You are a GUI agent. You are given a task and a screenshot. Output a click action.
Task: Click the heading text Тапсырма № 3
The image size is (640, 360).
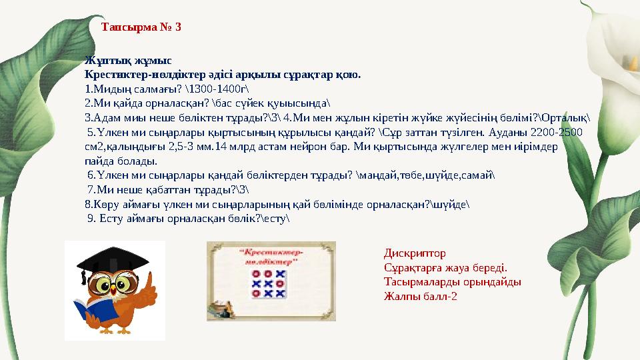[x=141, y=28]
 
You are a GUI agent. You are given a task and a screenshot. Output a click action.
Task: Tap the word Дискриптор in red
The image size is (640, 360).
[x=415, y=253]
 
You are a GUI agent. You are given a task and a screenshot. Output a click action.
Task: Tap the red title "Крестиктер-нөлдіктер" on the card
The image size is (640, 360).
[x=270, y=257]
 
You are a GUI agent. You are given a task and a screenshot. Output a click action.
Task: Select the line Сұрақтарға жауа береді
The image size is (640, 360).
[x=445, y=267]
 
